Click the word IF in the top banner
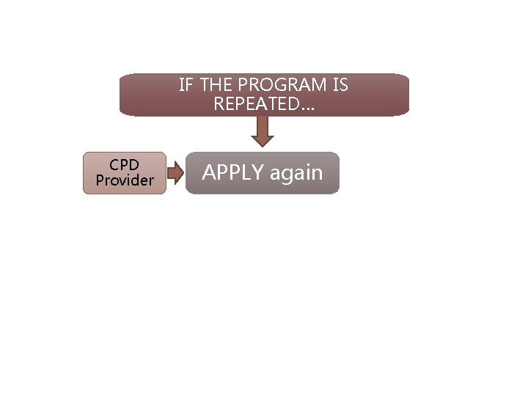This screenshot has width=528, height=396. tap(186, 86)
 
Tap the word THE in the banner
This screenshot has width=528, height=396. tap(215, 86)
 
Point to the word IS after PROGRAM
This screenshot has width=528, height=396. tap(340, 86)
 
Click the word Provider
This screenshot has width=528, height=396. tap(125, 180)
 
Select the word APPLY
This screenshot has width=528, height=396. tap(233, 173)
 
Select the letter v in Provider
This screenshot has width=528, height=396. tap(122, 180)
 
